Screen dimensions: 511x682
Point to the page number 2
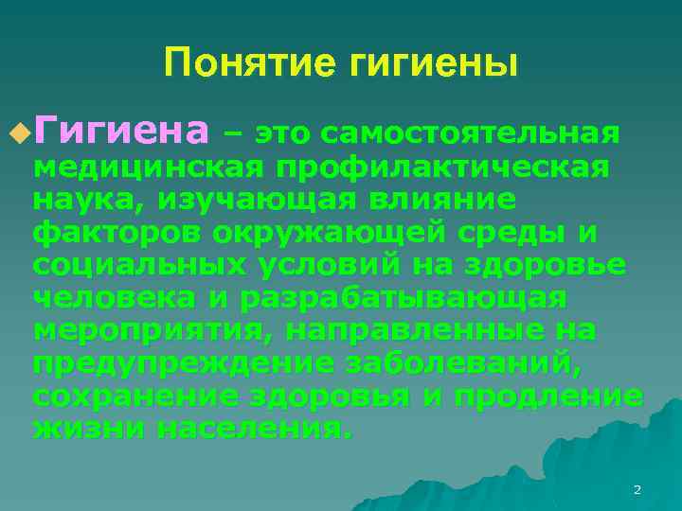click(637, 489)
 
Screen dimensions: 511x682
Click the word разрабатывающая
click(404, 298)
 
